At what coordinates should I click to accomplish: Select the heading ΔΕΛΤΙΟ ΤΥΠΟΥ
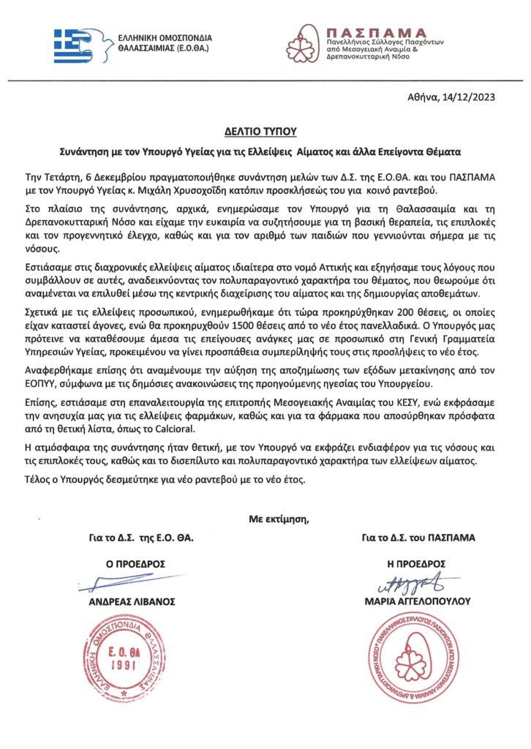coord(264,132)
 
